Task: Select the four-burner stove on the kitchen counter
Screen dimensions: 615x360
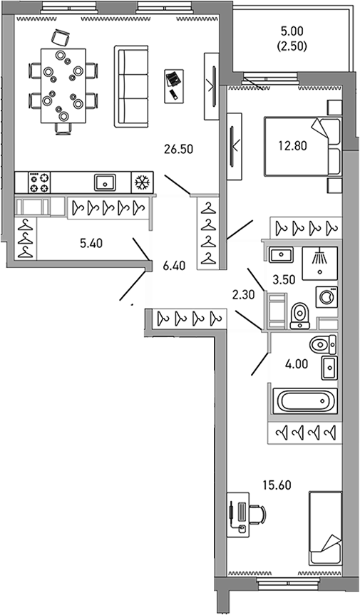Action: coord(38,183)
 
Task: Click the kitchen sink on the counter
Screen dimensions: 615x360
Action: coord(105,183)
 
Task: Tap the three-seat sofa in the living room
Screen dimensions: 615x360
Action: coord(129,87)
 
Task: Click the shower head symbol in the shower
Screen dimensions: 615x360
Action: coord(320,260)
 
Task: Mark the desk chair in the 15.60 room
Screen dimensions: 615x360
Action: coord(259,515)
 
